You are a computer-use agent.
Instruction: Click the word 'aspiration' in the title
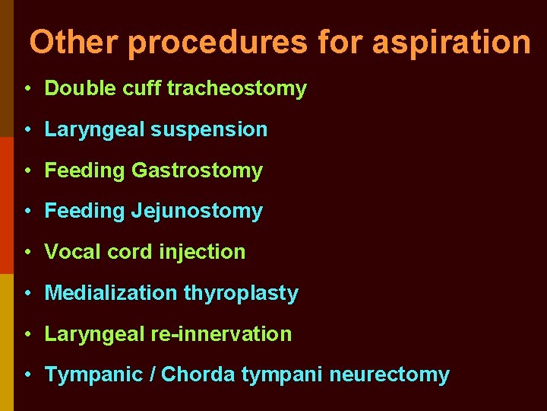(451, 42)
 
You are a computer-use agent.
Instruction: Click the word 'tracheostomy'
(236, 89)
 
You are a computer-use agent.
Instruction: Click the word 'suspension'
(209, 130)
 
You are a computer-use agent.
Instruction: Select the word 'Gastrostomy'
(197, 170)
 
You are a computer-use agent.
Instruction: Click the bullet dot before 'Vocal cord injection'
(27, 252)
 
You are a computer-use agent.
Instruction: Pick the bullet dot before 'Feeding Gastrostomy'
(27, 170)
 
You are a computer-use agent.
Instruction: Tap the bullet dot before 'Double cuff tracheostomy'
(27, 89)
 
